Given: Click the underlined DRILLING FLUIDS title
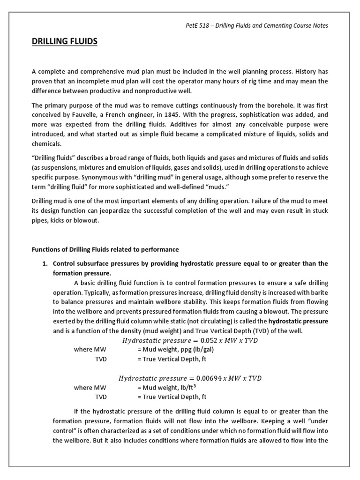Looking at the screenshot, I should click(65, 42).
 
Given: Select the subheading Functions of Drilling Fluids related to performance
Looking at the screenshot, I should click(105, 249).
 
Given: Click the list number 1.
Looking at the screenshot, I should click(45, 264).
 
